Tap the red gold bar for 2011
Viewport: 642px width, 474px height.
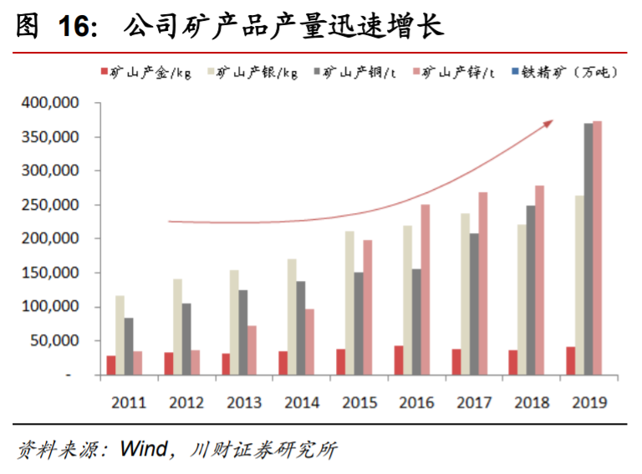[111, 365]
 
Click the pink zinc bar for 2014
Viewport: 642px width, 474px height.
[310, 342]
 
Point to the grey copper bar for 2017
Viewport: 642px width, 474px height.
[474, 304]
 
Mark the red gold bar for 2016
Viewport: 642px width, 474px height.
[399, 360]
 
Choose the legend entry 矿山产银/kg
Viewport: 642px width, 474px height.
[255, 73]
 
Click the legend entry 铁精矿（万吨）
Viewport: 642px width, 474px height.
[564, 73]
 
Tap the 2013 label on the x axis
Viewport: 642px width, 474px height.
[244, 402]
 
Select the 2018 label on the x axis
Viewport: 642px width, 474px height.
[531, 402]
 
